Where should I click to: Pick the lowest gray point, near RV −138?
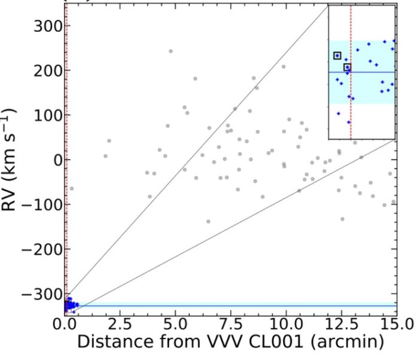pos(208,221)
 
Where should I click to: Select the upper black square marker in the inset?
pos(337,56)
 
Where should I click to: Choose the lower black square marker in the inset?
pos(347,68)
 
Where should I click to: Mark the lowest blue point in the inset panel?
pos(349,121)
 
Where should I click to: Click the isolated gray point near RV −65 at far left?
pos(72,188)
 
